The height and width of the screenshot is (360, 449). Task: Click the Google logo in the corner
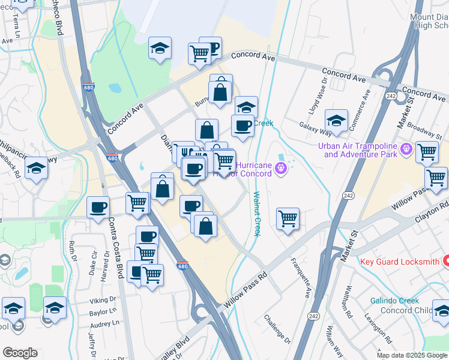pyautogui.click(x=20, y=353)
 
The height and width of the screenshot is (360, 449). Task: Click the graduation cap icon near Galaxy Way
pyautogui.click(x=336, y=120)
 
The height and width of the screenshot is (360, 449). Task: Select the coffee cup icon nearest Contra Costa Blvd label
pyautogui.click(x=98, y=208)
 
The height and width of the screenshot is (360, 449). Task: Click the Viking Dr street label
pyautogui.click(x=103, y=299)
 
